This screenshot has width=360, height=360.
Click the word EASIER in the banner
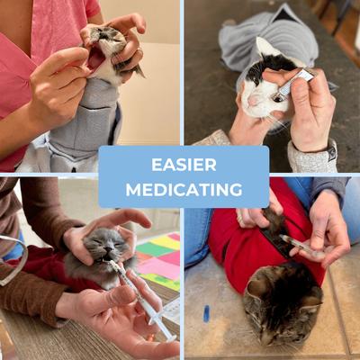pyautogui.click(x=184, y=165)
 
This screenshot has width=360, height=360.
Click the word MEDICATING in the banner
pyautogui.click(x=184, y=190)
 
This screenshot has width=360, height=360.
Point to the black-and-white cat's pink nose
pyautogui.click(x=254, y=101)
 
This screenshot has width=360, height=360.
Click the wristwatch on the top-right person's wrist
pyautogui.click(x=331, y=151)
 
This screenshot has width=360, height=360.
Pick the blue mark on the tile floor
pyautogui.click(x=206, y=313)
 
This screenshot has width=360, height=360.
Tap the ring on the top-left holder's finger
pyautogui.click(x=139, y=51)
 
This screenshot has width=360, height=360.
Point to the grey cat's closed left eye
pyautogui.click(x=119, y=244)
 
